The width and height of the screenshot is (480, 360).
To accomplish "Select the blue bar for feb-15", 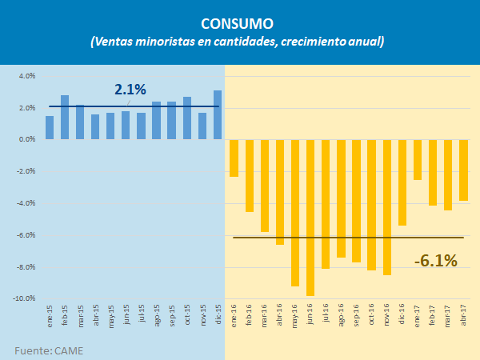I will pos(65,117).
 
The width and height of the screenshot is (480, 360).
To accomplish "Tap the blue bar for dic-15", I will pos(218,114).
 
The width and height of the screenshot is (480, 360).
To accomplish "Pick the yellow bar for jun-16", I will pos(310,218).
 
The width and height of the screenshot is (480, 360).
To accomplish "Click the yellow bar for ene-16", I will pos(234,158).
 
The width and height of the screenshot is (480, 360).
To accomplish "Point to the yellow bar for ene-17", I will pos(418,159).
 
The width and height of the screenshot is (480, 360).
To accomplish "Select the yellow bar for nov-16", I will pos(387,207).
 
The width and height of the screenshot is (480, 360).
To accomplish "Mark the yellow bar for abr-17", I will pos(463,170).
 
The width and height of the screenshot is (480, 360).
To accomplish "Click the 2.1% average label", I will pos(130,89).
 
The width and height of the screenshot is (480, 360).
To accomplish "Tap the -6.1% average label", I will pos(435,260).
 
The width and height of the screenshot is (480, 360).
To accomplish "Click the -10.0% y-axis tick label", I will pos(24,298).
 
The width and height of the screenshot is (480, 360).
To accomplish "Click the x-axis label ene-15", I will pos(50,313).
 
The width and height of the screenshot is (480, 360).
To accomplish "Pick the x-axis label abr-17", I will pos(464,313).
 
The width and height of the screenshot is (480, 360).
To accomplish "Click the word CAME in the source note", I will pos(68,350).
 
